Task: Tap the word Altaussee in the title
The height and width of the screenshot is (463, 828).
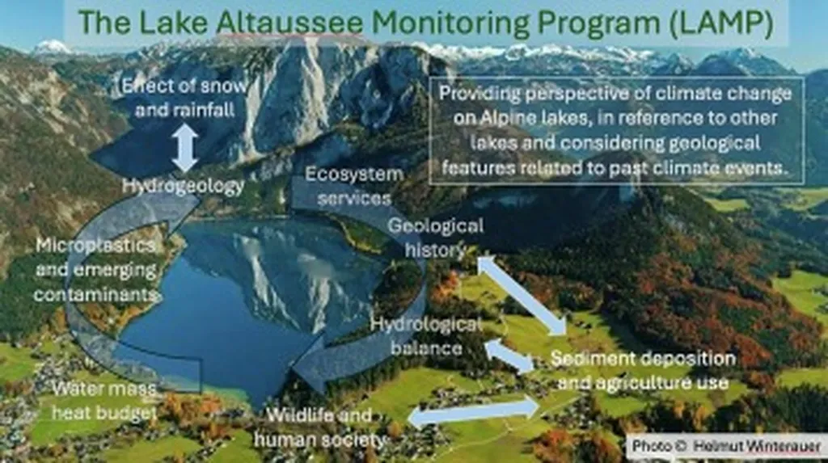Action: [289, 22]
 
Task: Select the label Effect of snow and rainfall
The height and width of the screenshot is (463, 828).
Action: [184, 98]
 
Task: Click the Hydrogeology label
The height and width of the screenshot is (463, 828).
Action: [184, 185]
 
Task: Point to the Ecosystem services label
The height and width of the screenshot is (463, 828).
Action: [354, 186]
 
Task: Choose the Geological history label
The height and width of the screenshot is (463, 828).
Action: [436, 238]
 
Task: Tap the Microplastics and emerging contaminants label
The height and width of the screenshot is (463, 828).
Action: [95, 269]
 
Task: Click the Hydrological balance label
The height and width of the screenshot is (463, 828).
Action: [426, 336]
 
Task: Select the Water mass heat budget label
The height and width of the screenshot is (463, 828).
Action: [104, 401]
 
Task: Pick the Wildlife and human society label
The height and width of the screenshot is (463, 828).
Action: [319, 427]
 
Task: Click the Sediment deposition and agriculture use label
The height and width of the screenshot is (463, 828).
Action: [643, 370]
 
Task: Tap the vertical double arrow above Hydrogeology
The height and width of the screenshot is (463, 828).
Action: [184, 148]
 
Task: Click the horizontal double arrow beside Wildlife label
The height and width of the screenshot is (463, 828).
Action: [474, 412]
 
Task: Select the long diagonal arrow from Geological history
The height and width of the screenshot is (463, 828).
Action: [522, 296]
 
